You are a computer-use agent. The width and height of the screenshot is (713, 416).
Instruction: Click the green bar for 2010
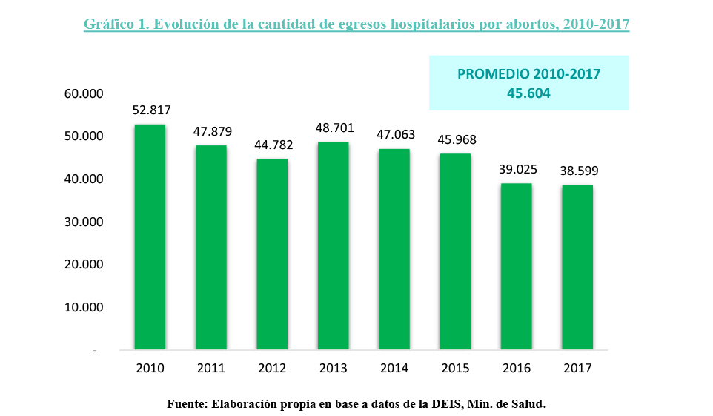[150, 237]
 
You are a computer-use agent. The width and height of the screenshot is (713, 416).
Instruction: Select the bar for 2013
[333, 245]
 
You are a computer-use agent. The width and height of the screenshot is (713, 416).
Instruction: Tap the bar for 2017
[577, 267]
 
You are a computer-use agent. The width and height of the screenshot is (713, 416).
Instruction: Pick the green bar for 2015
[455, 251]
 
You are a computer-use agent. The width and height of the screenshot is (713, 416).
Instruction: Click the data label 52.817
[151, 110]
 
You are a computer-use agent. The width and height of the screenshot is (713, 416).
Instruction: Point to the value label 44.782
[273, 145]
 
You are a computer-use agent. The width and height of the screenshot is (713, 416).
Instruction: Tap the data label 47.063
[395, 135]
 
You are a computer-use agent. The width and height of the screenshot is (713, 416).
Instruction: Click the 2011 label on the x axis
[211, 369]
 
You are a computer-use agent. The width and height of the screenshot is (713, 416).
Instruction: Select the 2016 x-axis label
[517, 369]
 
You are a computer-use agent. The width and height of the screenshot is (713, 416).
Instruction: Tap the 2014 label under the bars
[394, 369]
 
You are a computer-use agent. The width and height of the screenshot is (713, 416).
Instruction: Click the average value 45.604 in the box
[528, 93]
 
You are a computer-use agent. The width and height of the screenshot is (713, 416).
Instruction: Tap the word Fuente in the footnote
[186, 404]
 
